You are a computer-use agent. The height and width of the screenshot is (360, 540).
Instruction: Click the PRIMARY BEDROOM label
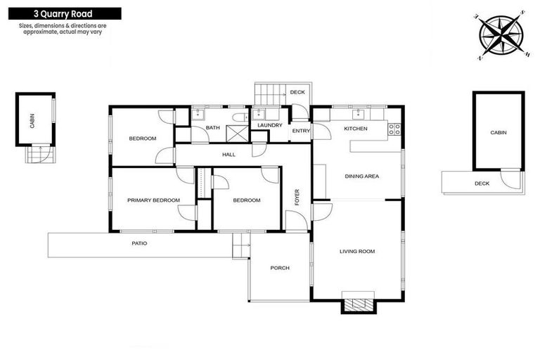153,200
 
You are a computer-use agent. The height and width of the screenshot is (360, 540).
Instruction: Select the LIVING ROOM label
358,251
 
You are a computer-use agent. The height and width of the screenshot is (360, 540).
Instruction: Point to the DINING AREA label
361,176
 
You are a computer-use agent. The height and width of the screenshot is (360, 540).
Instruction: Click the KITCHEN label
355,129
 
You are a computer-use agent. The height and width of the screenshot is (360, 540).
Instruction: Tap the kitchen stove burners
394,129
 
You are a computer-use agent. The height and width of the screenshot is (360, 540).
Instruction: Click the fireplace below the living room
358,304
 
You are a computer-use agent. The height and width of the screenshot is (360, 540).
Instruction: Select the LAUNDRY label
270,126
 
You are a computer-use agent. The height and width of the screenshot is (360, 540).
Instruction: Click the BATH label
213,127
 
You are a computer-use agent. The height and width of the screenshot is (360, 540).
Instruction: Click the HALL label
229,155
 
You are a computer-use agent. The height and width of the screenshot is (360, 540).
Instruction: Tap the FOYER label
297,197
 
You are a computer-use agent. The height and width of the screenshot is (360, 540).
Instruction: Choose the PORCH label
280,267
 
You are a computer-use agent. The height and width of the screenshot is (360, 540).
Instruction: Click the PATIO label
139,243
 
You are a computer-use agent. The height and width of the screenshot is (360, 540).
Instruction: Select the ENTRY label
301,131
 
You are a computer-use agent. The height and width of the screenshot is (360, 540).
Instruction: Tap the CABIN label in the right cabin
499,132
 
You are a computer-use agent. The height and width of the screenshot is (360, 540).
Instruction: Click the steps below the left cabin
39,154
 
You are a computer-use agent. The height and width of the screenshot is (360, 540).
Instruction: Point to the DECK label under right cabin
481,184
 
